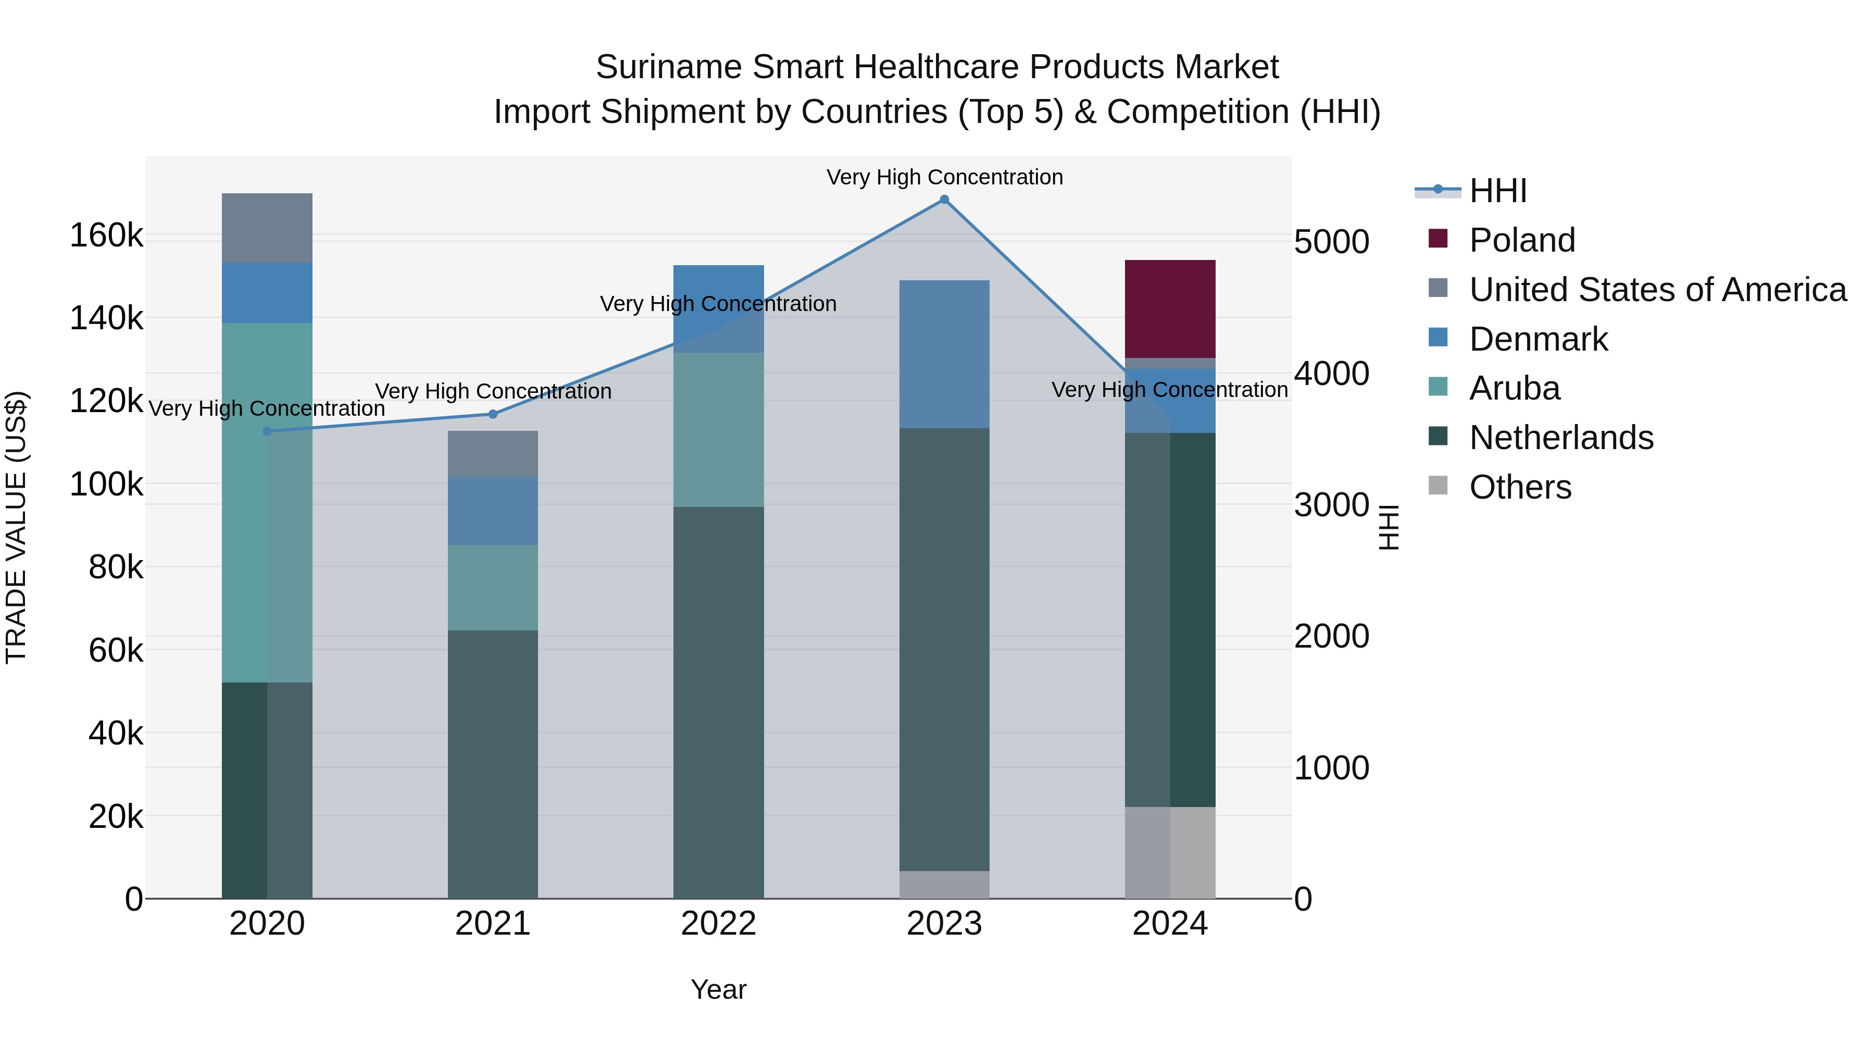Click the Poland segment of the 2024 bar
pos(1170,309)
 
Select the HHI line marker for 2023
pos(944,200)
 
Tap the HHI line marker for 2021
pos(493,414)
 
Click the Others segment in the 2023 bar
pos(944,885)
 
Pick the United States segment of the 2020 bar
pos(267,228)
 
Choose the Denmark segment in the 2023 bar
pos(944,355)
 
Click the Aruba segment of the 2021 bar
pos(493,588)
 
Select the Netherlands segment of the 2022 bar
pos(718,703)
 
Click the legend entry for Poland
pos(1521,240)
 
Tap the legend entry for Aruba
pos(1514,388)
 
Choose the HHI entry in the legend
pos(1497,191)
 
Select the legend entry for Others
pos(1520,487)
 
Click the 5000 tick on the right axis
pos(1331,242)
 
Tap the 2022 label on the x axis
pos(718,924)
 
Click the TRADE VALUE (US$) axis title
pos(16,528)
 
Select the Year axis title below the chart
pos(718,989)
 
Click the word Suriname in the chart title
pos(668,67)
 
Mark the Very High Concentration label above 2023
pos(944,177)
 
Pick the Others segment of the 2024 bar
pos(1170,852)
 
